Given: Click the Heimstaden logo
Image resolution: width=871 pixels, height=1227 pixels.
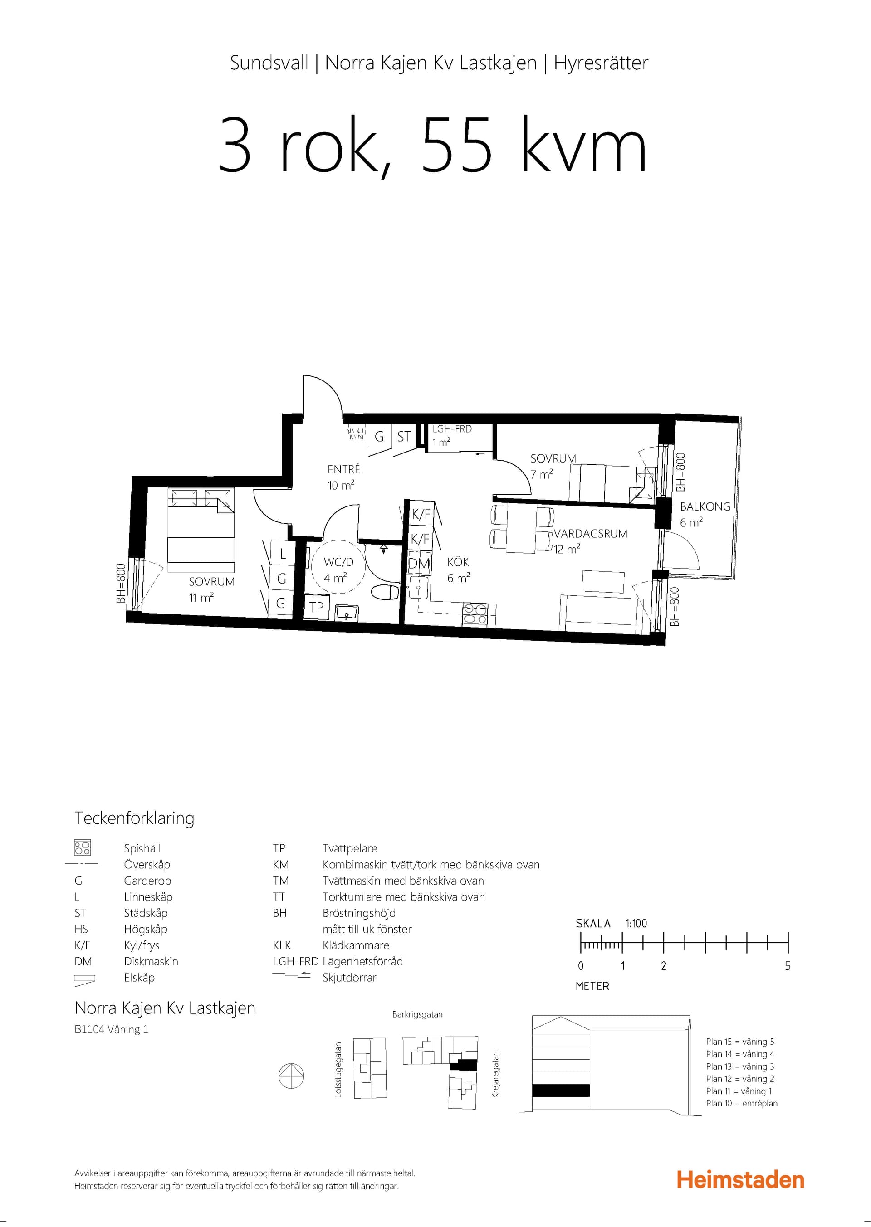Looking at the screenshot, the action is [x=740, y=1180].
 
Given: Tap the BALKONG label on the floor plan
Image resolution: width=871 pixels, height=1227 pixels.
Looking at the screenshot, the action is [x=705, y=506].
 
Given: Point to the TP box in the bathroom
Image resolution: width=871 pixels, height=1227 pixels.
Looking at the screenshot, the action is [x=317, y=607].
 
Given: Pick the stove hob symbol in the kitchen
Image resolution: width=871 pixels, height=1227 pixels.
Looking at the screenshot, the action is [x=475, y=614].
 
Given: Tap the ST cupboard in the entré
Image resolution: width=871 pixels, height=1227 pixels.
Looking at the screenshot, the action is [x=404, y=436].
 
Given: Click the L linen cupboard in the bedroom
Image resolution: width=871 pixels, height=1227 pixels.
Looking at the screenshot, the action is [x=282, y=553].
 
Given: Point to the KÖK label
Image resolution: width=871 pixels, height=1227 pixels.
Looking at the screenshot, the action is [x=458, y=562].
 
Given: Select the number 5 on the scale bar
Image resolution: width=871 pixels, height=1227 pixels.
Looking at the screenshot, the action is [x=788, y=965].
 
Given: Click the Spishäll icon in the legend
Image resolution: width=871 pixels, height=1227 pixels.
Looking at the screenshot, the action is [x=83, y=847].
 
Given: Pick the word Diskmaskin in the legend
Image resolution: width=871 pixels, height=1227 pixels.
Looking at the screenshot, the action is [x=151, y=961].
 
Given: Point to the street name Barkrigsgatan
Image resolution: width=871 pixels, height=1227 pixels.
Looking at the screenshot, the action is [x=417, y=1014].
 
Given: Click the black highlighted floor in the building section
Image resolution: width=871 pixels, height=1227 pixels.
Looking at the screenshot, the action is [x=561, y=1091].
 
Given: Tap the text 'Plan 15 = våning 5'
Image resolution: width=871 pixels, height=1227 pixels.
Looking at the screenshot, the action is [x=740, y=1042].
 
